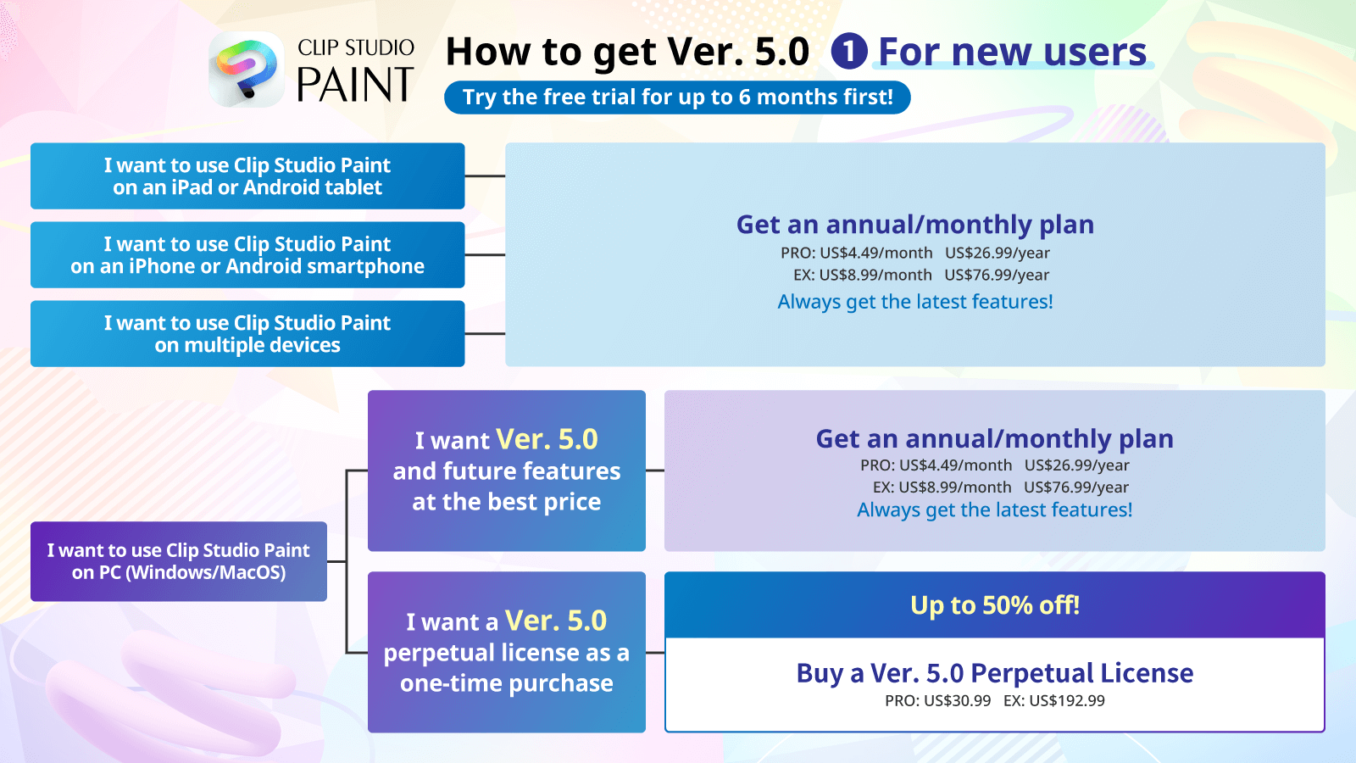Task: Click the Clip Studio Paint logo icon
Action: click(x=247, y=70)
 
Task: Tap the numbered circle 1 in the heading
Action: click(x=848, y=51)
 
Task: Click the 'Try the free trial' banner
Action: click(x=677, y=97)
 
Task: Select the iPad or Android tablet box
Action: click(x=247, y=176)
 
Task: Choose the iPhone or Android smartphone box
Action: click(x=247, y=255)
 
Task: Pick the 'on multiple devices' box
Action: click(x=247, y=334)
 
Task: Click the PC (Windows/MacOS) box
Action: click(x=179, y=561)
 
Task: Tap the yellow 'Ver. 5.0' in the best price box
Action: click(x=547, y=439)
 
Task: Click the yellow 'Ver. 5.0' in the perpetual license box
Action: click(x=556, y=621)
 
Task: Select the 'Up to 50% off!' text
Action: click(x=995, y=605)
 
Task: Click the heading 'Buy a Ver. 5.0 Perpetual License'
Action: click(x=995, y=673)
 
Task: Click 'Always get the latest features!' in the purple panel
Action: click(x=995, y=510)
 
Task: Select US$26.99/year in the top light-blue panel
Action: click(x=997, y=253)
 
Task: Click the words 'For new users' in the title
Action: click(x=1012, y=52)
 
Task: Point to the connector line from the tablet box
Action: click(x=485, y=176)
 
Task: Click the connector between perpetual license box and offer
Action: click(x=655, y=653)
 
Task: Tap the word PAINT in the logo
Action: click(x=355, y=84)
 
